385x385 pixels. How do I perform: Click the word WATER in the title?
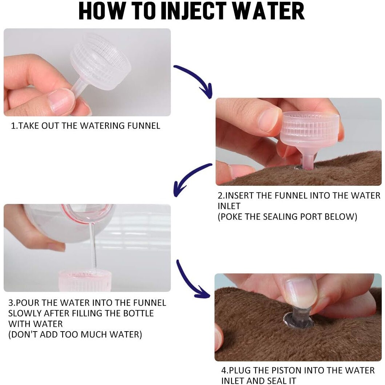coord(268,11)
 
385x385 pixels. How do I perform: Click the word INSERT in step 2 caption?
coord(239,196)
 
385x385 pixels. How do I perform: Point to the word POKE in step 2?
coord(230,217)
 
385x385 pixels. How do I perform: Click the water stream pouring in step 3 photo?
coord(93,245)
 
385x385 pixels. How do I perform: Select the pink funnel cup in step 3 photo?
coord(85,281)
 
